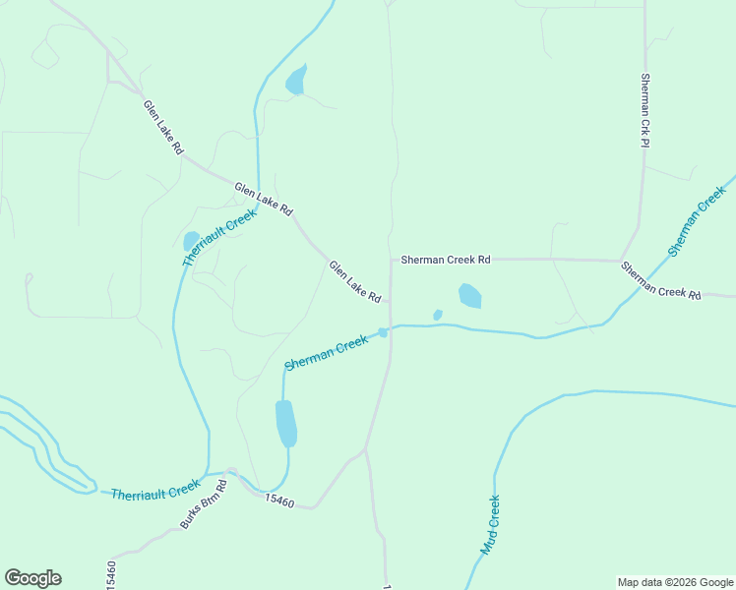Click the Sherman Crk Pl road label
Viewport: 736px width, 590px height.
point(645,110)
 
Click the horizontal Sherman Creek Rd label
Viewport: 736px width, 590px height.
point(444,260)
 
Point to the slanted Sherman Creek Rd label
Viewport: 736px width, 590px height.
point(660,280)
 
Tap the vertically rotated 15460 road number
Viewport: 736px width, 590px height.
point(111,574)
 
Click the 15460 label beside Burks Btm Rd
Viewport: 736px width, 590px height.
point(279,501)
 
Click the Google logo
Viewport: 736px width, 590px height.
point(32,578)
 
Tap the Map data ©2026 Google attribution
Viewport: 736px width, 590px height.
point(675,582)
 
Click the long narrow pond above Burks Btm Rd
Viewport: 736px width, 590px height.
point(285,424)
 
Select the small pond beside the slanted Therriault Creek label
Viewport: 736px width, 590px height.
point(191,240)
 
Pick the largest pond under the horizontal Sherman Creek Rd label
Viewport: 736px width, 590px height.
point(470,295)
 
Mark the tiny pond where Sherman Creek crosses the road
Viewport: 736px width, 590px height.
point(383,332)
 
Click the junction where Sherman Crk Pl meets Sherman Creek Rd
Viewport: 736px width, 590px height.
point(622,260)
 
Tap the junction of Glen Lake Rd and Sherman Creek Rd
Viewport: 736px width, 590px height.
point(392,261)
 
